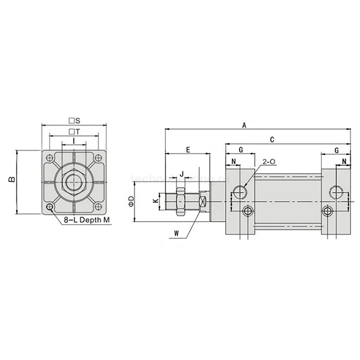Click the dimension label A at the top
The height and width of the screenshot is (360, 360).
tap(244, 125)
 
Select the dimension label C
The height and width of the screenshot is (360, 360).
tap(272, 139)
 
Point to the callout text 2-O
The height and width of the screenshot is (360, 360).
tap(269, 163)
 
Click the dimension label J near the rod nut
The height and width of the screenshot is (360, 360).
tap(181, 174)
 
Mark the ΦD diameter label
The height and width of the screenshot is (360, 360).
tap(131, 201)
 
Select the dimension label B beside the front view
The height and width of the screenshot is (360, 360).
tap(10, 181)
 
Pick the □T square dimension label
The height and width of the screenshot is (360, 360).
tap(74, 132)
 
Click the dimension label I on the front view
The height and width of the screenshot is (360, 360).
tap(74, 141)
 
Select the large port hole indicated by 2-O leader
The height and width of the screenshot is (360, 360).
tap(240, 192)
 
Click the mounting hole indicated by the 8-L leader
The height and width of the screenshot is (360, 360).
tap(50, 207)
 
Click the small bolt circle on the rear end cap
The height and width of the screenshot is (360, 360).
tap(328, 211)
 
